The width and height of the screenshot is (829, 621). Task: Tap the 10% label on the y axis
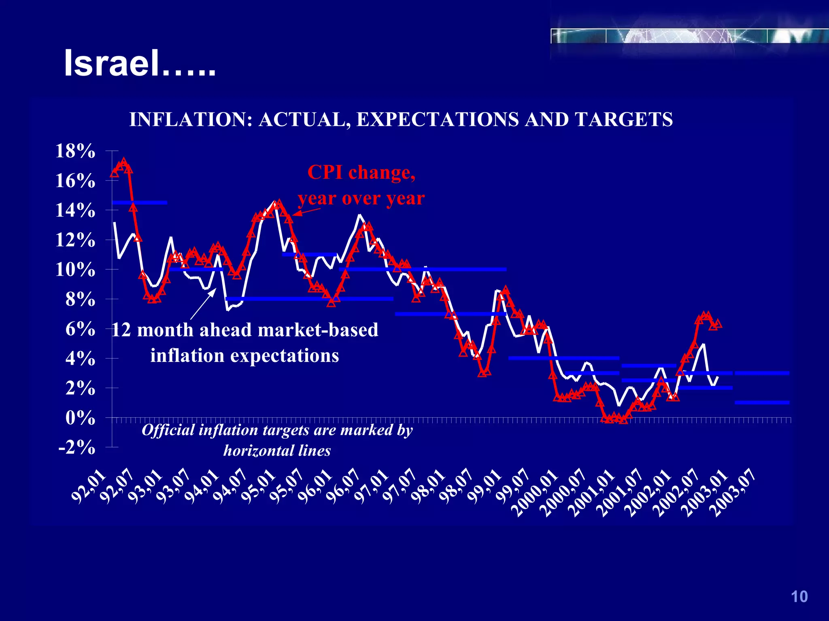[x=75, y=269]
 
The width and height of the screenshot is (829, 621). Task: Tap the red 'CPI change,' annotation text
[x=361, y=173]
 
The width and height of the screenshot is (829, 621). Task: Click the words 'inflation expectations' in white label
[x=244, y=356]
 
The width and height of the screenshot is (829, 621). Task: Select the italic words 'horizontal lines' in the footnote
[x=277, y=450]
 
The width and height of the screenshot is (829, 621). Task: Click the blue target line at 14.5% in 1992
[x=140, y=203]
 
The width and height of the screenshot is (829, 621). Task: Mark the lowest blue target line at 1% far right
[x=762, y=402]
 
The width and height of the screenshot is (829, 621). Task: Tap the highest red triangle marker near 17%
[x=124, y=162]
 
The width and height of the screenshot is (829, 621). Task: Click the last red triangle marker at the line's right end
[x=718, y=323]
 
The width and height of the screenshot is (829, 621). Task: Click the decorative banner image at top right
[x=688, y=36]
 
